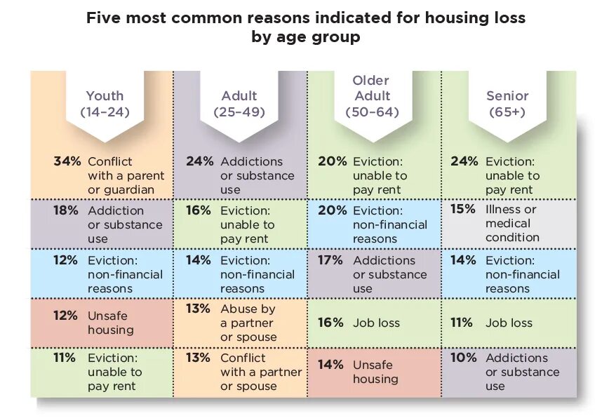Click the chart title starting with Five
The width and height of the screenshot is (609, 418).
tap(305, 27)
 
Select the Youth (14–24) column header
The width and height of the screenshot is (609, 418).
tap(105, 104)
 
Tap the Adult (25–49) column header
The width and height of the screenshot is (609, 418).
tap(239, 104)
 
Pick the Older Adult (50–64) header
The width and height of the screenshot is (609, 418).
tap(372, 96)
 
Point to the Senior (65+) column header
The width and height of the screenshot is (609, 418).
tap(507, 104)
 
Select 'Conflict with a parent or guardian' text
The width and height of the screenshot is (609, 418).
tap(126, 175)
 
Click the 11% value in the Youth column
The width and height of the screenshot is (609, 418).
tap(65, 358)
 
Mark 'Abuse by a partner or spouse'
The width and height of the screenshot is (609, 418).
tap(248, 323)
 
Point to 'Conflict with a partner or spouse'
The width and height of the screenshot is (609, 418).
tap(260, 372)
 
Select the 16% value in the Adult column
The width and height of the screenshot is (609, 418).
tap(198, 210)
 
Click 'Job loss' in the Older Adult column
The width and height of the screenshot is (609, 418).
tap(376, 323)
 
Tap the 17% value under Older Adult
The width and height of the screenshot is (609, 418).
tap(330, 260)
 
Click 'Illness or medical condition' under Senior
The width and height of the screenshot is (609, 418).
tap(512, 223)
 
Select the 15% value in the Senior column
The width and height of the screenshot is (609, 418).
tap(463, 209)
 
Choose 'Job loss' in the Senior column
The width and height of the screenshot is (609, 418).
tap(509, 323)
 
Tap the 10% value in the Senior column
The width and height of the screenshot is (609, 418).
tap(463, 358)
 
